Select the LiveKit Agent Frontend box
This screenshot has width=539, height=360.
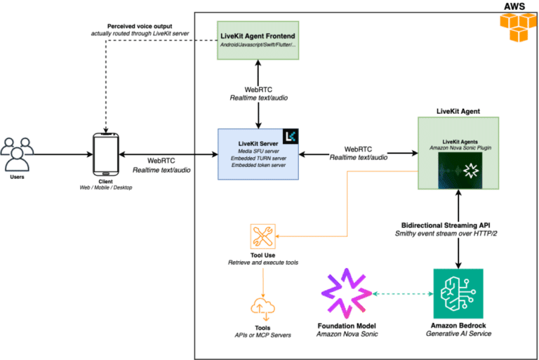pyautogui.click(x=259, y=41)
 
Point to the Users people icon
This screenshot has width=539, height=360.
pyautogui.click(x=18, y=154)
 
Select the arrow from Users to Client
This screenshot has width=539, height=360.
pyautogui.click(x=63, y=154)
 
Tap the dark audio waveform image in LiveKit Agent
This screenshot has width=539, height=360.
pyautogui.click(x=458, y=171)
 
